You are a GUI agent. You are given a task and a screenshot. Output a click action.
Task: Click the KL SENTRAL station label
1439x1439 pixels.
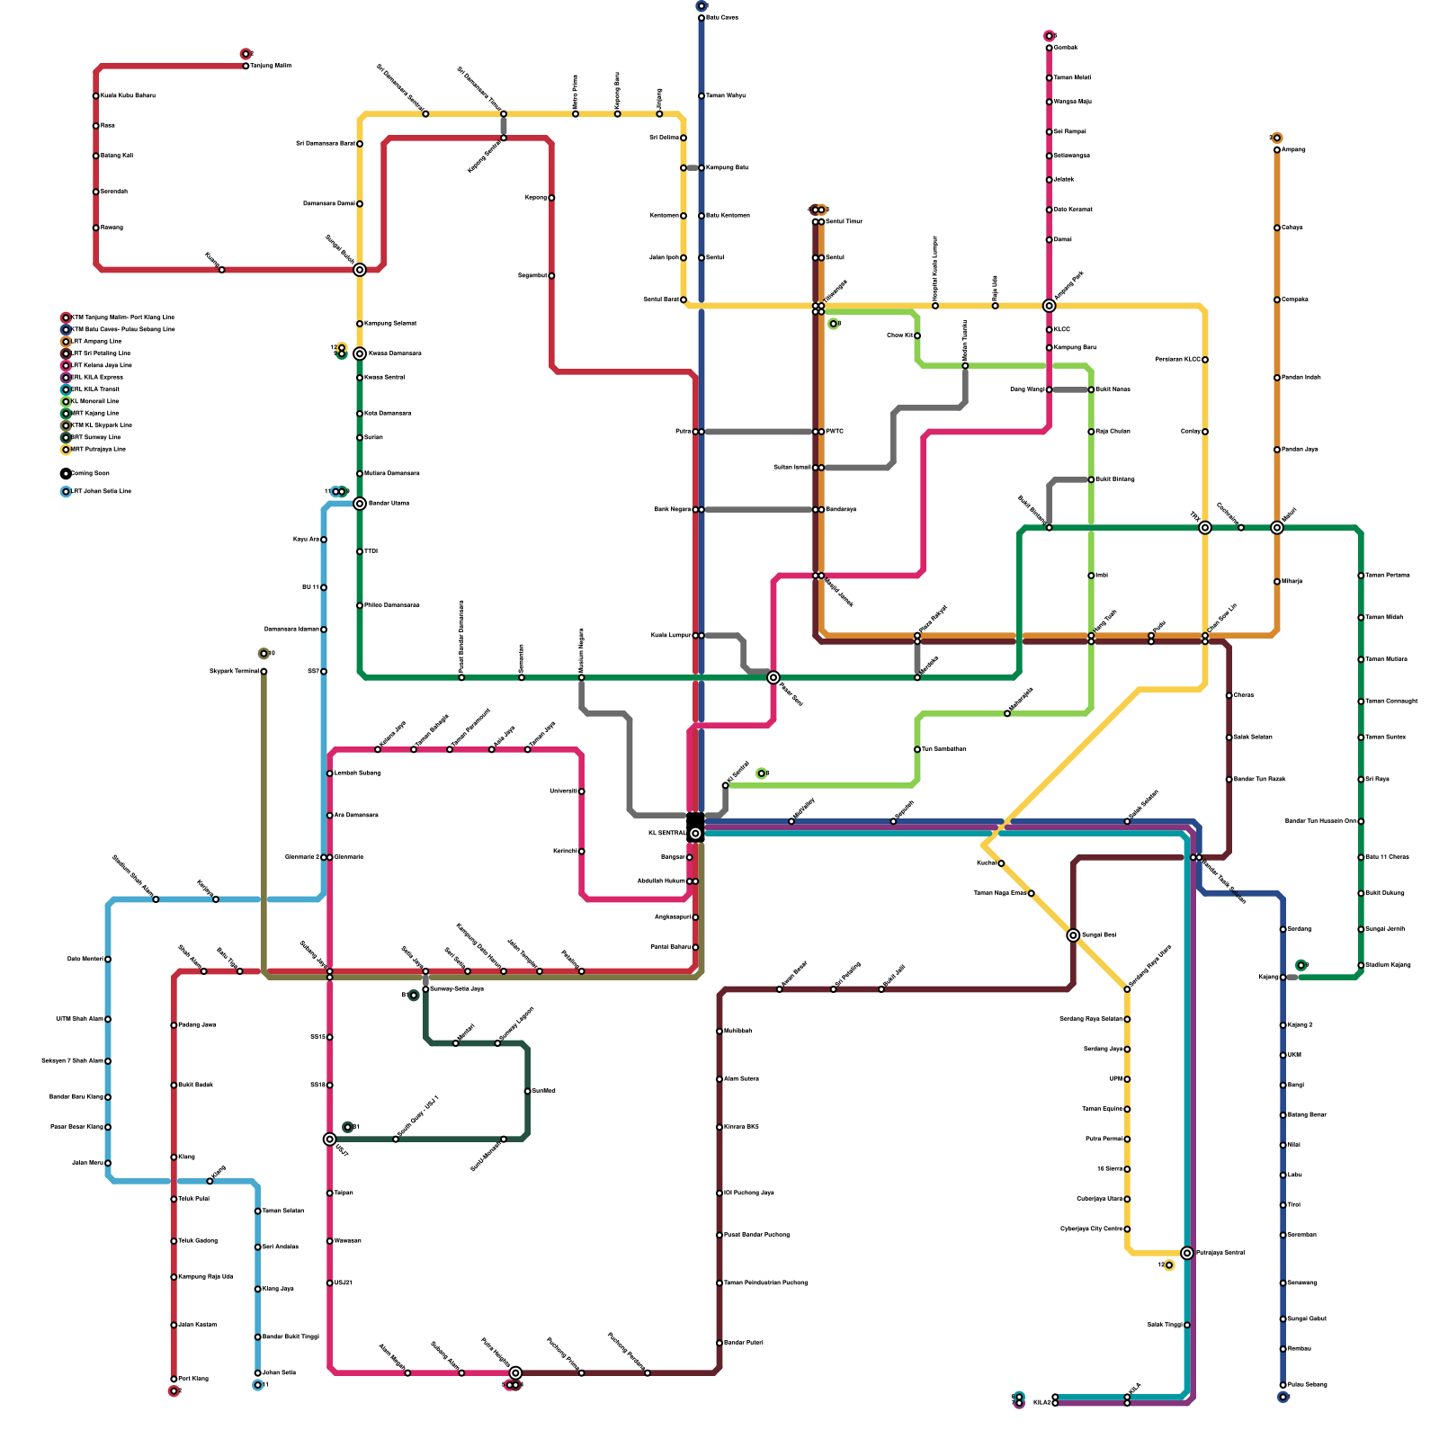666,834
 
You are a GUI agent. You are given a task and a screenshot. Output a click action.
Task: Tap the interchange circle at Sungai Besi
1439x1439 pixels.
1073,935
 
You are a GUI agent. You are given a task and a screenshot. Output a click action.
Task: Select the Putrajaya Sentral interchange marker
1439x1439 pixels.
1187,1253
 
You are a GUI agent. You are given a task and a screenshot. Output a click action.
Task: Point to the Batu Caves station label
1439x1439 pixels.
722,18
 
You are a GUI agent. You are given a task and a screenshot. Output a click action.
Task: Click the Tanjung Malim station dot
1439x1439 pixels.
246,66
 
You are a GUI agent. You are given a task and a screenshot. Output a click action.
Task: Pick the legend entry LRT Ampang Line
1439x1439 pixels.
96,342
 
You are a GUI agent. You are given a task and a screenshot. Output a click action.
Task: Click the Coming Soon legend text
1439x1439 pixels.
90,473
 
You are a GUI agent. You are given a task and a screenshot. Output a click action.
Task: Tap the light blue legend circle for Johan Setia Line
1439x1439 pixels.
66,492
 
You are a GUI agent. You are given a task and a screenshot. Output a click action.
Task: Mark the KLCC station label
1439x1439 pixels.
1062,330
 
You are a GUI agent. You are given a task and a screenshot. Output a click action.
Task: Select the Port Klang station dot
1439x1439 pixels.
174,1379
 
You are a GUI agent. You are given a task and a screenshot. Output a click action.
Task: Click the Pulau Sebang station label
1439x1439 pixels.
1307,1385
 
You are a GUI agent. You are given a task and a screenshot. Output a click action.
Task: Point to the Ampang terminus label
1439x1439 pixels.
1293,150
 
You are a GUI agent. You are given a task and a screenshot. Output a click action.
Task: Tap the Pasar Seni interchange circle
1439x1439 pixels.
773,677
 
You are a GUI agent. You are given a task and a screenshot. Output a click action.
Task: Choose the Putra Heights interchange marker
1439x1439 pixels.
515,1373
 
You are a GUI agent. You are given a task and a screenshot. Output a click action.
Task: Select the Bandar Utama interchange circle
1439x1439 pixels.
360,504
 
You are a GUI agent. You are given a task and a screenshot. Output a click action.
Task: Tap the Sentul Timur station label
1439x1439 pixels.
844,222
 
